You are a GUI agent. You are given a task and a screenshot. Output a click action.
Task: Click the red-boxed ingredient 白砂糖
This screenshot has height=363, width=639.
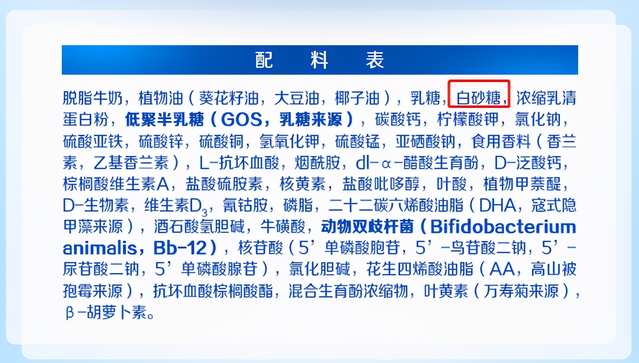(479, 98)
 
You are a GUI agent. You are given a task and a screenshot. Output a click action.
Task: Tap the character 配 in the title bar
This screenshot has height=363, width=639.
(264, 60)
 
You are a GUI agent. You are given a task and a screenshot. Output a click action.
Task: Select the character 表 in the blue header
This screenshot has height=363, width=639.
(375, 60)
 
